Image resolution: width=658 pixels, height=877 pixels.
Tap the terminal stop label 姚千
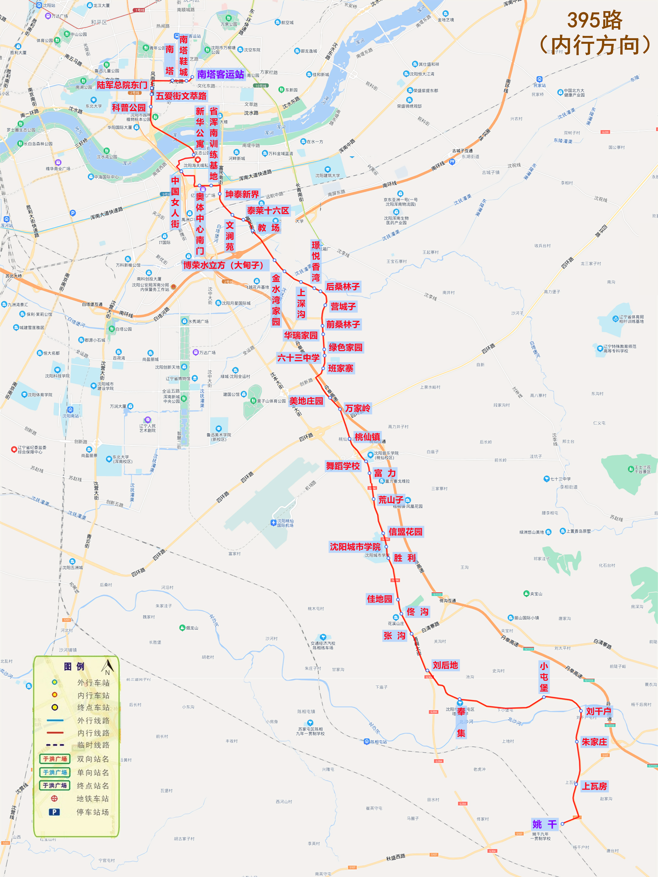(x=545, y=825)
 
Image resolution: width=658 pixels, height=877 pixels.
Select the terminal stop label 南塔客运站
(x=220, y=75)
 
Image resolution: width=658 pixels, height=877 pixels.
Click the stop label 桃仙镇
(x=367, y=437)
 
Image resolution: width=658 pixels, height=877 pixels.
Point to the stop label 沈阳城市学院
(x=355, y=547)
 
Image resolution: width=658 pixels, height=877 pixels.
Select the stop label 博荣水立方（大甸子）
(x=225, y=265)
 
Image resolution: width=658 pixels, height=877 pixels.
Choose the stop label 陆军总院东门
(x=122, y=85)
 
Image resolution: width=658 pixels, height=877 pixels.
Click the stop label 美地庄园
(x=306, y=401)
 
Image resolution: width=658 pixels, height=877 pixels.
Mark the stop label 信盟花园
(x=405, y=532)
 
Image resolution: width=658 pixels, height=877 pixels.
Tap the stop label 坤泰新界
(x=242, y=194)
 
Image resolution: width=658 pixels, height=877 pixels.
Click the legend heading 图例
(x=74, y=667)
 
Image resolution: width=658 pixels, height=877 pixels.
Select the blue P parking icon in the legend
(x=54, y=812)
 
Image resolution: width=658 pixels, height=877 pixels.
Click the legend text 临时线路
(x=93, y=745)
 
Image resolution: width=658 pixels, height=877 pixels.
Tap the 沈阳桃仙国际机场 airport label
(x=285, y=523)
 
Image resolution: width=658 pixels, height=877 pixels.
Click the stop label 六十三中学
(x=298, y=358)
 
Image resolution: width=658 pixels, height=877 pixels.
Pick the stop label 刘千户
(x=598, y=711)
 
